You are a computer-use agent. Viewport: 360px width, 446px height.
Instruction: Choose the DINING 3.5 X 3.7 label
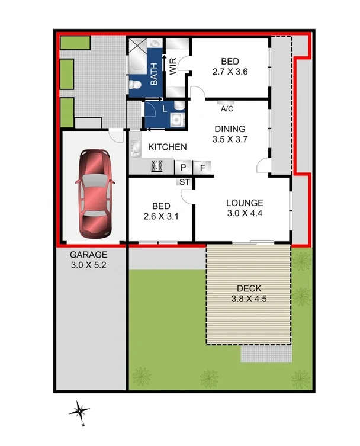[229, 134]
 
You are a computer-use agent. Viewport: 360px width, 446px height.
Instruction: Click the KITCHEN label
[168, 147]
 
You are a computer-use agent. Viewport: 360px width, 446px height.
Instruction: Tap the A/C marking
[226, 109]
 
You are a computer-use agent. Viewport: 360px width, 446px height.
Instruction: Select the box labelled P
[183, 168]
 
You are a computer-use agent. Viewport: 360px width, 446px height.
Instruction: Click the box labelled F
[202, 168]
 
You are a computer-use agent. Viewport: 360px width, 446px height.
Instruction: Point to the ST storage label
[184, 182]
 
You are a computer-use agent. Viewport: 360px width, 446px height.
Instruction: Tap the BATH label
[153, 74]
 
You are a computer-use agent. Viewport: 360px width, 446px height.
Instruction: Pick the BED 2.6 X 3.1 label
[161, 211]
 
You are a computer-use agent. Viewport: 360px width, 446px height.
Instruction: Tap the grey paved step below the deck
[266, 354]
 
